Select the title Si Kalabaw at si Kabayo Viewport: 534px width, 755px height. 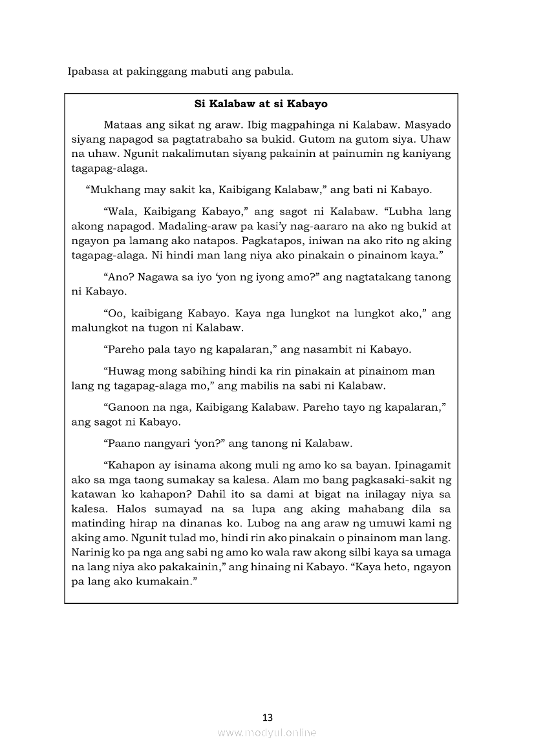point(261,103)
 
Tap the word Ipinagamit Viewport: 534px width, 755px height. point(420,465)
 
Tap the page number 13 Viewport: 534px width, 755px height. point(268,717)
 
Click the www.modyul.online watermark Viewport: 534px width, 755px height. point(267,733)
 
